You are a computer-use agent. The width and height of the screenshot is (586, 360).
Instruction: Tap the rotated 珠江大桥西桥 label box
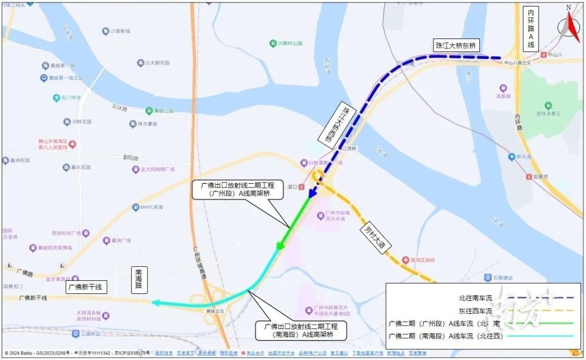coord(335,123)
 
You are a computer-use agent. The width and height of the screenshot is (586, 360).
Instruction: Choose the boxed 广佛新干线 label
coord(84,287)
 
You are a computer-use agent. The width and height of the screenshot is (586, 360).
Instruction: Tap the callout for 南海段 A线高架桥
coord(301,330)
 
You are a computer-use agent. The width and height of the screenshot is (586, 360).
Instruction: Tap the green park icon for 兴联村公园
coord(273,43)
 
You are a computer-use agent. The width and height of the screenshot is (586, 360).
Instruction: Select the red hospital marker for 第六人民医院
coord(72,144)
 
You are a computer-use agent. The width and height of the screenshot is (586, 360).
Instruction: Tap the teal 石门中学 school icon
coord(56,98)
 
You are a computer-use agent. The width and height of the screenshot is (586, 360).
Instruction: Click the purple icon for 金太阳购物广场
coord(136,170)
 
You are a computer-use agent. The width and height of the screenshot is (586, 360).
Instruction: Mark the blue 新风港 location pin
coord(511,157)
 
